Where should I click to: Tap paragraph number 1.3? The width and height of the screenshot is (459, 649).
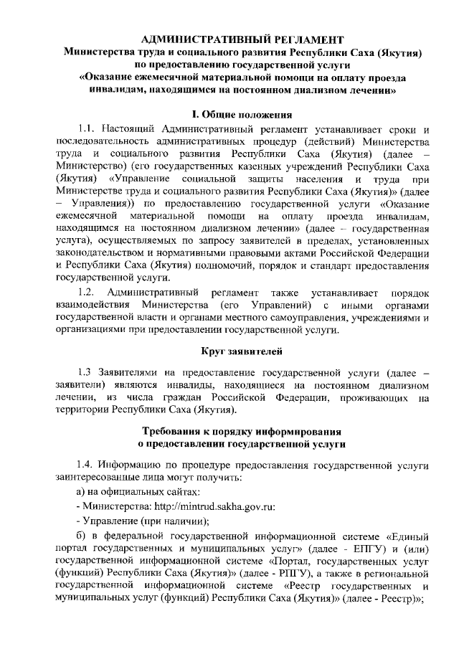[x=87, y=373]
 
